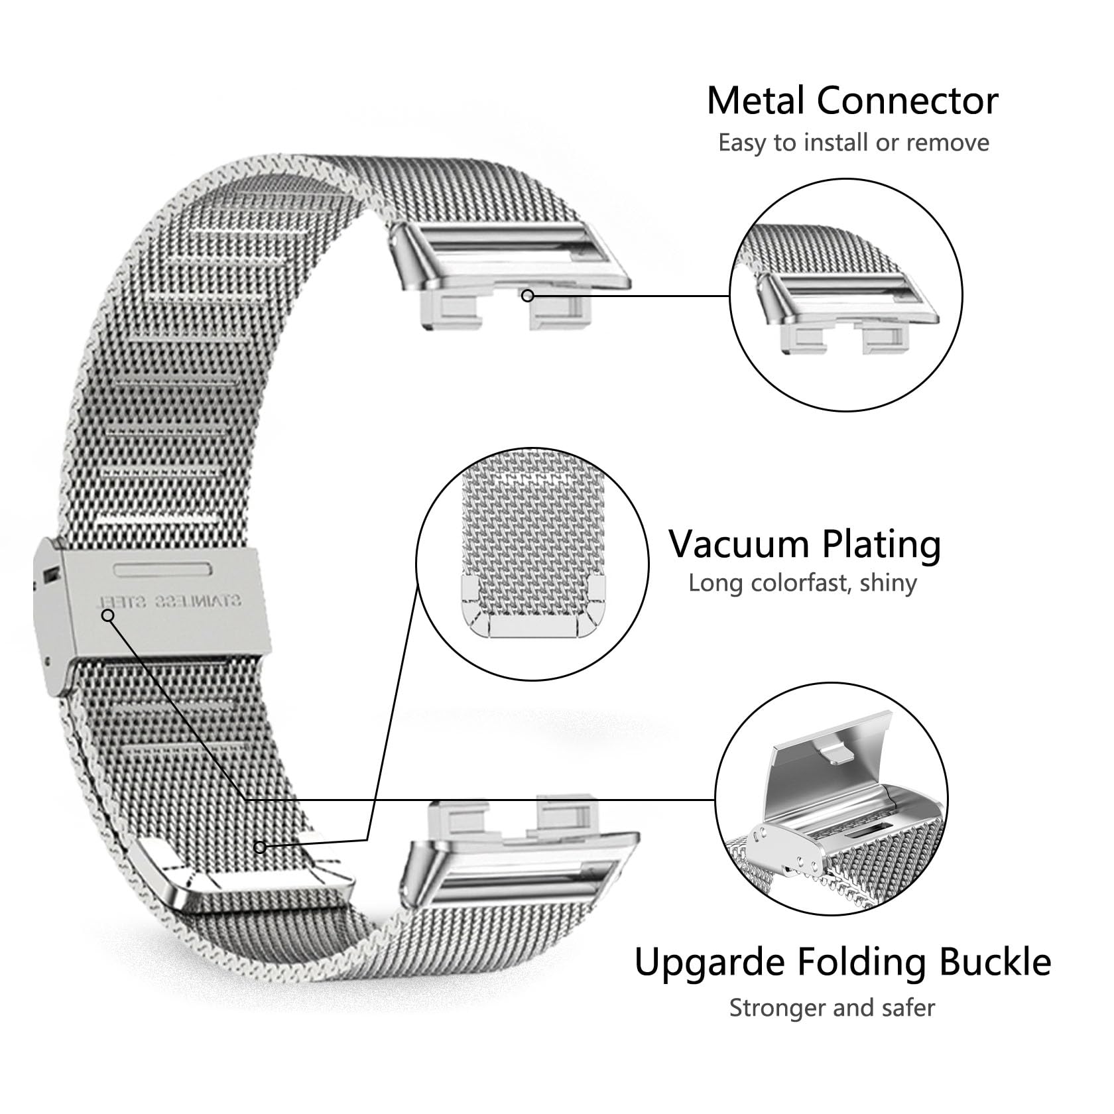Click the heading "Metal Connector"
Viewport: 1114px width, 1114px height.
[853, 101]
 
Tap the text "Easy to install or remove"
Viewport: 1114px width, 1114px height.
[854, 143]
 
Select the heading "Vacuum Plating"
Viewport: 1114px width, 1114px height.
[805, 544]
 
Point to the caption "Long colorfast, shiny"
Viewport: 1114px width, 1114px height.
[802, 584]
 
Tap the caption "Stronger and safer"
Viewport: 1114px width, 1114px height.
[832, 1008]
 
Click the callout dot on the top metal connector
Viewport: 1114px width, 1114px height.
[528, 296]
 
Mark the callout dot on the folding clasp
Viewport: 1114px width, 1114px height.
[108, 615]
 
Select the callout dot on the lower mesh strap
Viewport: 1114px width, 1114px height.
[261, 847]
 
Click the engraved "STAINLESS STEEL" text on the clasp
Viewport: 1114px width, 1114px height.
[170, 601]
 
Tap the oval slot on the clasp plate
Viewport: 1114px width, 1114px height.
[163, 568]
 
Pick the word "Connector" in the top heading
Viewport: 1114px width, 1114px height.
[907, 101]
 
